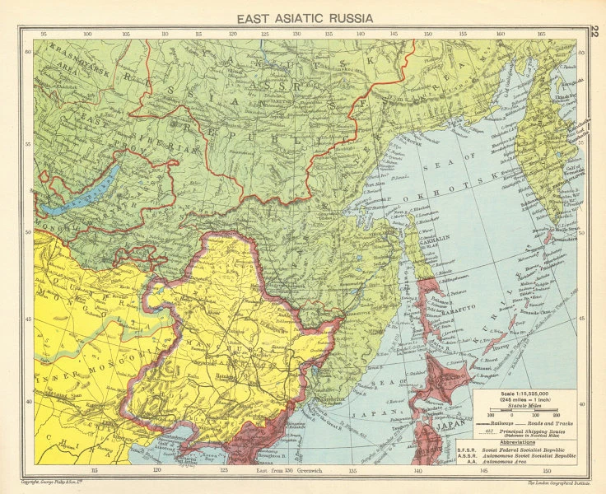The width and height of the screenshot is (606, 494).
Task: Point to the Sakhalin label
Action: tap(426, 233)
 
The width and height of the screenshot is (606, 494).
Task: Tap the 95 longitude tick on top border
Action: tap(55, 34)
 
